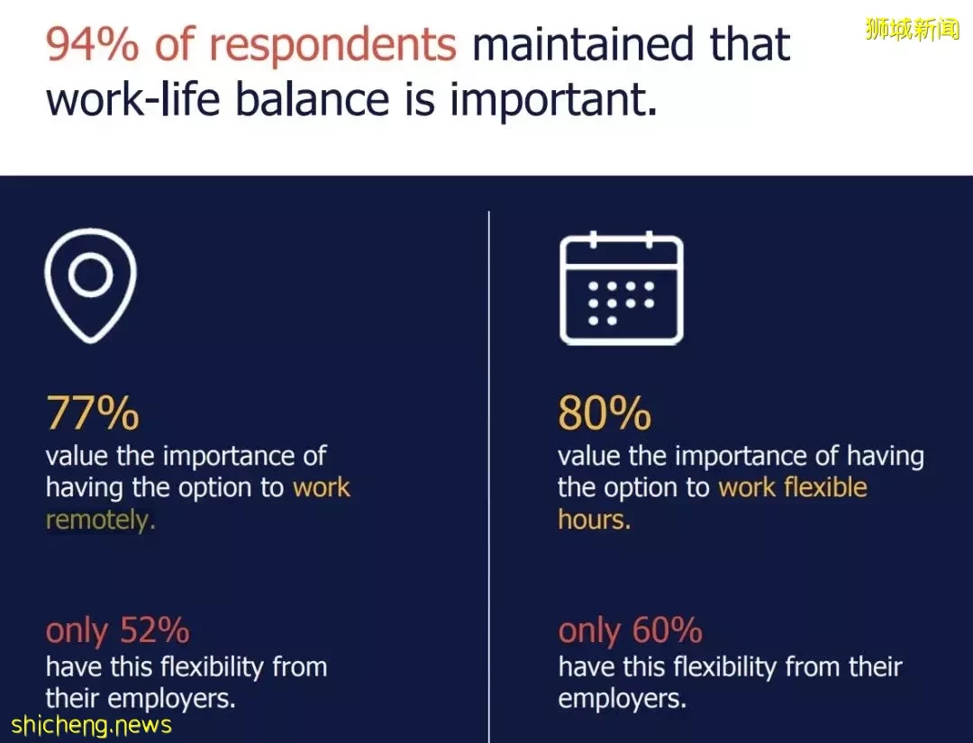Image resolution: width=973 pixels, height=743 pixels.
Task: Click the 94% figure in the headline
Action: (x=93, y=44)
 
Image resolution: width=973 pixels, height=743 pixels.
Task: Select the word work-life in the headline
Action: (x=133, y=99)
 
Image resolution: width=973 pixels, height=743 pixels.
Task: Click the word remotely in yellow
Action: (x=97, y=520)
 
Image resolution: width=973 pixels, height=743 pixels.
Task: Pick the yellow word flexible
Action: (x=824, y=487)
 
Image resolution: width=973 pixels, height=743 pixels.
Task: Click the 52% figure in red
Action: (x=155, y=630)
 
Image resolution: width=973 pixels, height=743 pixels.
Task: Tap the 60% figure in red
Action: (x=668, y=630)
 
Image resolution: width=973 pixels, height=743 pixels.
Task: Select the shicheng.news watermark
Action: (x=91, y=725)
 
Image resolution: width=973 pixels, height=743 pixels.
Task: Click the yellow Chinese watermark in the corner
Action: (x=912, y=29)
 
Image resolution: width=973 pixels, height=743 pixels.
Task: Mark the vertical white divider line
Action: (x=489, y=477)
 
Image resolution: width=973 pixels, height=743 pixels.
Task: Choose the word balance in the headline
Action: (x=313, y=99)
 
